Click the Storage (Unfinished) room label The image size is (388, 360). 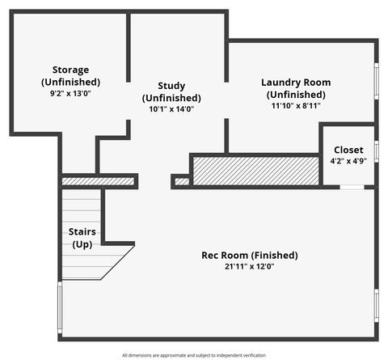(x=70, y=76)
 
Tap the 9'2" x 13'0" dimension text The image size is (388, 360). (x=70, y=94)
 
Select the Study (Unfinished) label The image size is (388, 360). (x=171, y=91)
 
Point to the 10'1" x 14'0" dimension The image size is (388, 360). (x=171, y=108)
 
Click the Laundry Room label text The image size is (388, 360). (x=295, y=88)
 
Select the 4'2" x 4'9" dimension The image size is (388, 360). (x=348, y=160)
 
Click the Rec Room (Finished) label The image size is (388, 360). (x=249, y=256)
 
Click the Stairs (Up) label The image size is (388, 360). (x=82, y=238)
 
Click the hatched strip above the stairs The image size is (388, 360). (x=99, y=181)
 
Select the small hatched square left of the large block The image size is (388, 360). (x=182, y=181)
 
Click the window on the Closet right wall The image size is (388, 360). (x=375, y=150)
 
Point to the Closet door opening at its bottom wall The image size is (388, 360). (x=351, y=187)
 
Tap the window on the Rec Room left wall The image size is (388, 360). (x=60, y=307)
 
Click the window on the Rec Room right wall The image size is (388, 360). (x=375, y=306)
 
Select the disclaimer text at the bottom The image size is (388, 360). (x=194, y=355)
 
